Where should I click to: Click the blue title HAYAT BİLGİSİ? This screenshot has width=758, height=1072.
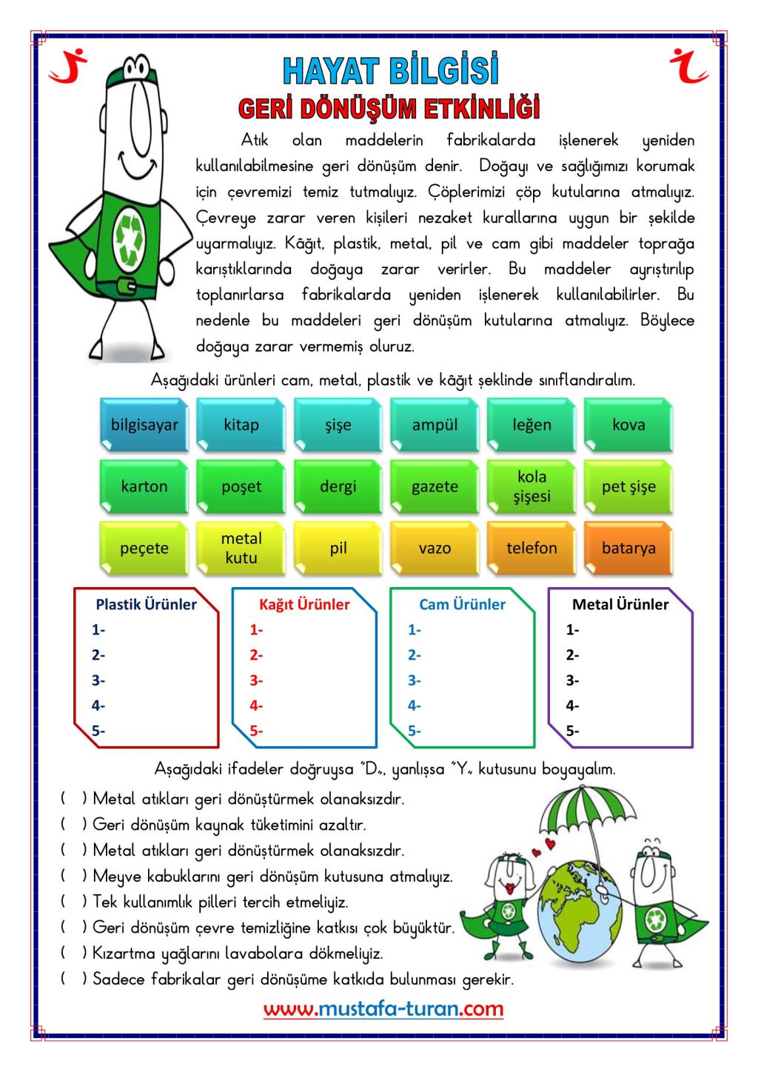[390, 72]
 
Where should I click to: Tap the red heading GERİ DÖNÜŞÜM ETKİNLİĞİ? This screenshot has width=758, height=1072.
[389, 108]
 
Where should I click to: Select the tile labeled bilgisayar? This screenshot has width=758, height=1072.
[144, 425]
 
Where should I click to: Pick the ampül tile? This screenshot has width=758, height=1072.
[435, 425]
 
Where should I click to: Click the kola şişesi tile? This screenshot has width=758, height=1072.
[531, 486]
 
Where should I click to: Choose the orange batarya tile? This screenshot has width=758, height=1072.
[628, 549]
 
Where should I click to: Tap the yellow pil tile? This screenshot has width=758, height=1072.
[338, 549]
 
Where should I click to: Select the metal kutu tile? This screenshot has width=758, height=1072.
[241, 549]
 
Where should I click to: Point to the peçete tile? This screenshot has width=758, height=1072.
[144, 549]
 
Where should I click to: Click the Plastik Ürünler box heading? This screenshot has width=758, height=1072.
[147, 604]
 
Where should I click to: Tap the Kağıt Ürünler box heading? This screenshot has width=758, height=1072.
[304, 604]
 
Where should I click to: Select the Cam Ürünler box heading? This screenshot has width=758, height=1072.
[462, 604]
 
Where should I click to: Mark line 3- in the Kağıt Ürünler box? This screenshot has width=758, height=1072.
[256, 680]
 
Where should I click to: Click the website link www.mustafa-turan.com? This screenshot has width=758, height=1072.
[383, 1008]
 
